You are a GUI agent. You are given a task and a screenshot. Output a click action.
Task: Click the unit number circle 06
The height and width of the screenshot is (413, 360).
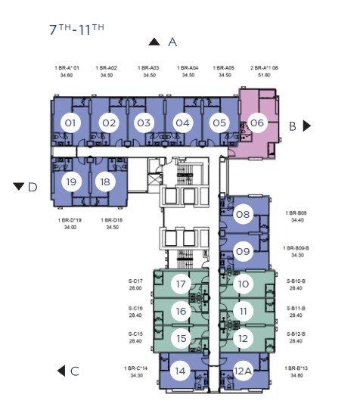click(x=257, y=123)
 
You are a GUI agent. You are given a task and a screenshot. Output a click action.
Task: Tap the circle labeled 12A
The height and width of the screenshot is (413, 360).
click(x=243, y=371)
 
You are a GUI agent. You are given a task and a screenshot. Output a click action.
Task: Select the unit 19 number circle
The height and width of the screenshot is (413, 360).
click(x=71, y=182)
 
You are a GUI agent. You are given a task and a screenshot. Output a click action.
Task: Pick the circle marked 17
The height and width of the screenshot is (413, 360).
click(x=181, y=284)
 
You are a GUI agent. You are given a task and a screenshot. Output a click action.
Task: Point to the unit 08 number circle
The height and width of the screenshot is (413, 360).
click(x=243, y=214)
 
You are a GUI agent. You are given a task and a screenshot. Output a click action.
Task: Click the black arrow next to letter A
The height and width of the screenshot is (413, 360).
click(x=154, y=42)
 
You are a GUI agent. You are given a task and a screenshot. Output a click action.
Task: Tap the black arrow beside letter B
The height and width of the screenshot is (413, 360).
click(x=307, y=126)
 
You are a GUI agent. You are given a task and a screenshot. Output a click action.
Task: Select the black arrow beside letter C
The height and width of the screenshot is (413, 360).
click(x=61, y=371)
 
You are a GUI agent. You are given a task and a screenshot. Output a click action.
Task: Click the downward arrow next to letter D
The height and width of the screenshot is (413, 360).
click(x=18, y=186)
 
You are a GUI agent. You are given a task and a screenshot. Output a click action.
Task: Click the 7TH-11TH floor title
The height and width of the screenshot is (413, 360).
click(x=76, y=29)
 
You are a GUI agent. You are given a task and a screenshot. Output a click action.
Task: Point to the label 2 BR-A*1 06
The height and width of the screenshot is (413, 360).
click(x=264, y=68)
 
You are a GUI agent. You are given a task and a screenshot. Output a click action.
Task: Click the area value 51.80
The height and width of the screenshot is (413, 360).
click(x=264, y=75)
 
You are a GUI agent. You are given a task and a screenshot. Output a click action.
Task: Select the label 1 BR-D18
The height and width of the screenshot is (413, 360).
click(x=112, y=220)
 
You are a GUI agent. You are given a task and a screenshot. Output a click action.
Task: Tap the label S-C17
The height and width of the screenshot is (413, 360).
click(x=135, y=281)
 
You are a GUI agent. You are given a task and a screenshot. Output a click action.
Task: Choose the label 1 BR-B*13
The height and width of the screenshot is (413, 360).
click(x=296, y=368)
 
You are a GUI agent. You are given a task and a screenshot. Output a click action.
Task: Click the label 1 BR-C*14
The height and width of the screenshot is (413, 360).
click(x=136, y=368)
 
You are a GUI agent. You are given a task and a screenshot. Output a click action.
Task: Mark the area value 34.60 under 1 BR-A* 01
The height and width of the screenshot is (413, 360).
click(x=67, y=76)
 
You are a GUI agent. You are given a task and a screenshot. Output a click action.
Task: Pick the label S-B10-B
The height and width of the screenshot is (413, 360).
click(x=296, y=281)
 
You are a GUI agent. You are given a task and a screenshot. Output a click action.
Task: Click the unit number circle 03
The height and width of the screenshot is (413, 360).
click(x=144, y=123)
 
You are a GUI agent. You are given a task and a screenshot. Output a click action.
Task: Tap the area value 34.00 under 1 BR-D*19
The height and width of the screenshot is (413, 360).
click(x=70, y=227)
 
